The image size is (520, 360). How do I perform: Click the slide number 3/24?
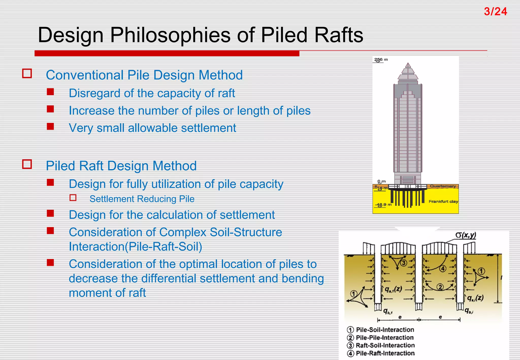click(x=495, y=12)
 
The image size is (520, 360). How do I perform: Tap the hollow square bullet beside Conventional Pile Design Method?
click(x=27, y=74)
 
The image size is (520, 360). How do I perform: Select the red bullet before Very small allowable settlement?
click(x=50, y=126)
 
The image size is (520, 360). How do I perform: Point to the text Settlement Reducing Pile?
click(x=142, y=199)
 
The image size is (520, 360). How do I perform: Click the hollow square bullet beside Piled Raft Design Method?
click(x=27, y=164)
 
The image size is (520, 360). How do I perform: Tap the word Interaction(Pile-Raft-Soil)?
click(x=135, y=247)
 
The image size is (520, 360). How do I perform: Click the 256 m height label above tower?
click(x=381, y=60)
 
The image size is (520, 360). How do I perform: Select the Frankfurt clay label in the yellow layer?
click(x=443, y=202)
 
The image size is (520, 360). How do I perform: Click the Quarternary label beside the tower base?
click(x=443, y=186)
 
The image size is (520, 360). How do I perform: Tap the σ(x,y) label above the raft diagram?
click(x=465, y=235)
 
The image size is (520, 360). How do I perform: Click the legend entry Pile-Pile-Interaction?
click(x=385, y=338)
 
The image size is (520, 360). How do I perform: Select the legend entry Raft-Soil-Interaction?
click(x=385, y=346)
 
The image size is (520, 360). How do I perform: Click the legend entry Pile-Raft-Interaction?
click(x=385, y=353)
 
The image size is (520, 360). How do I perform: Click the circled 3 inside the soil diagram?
click(x=403, y=263)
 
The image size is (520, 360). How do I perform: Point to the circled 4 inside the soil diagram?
click(x=443, y=269)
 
